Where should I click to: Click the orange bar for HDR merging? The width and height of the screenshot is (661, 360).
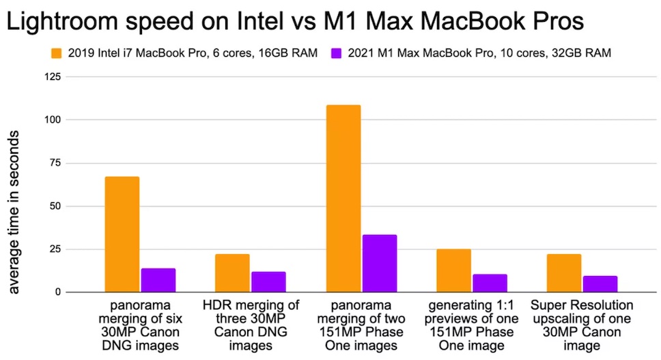[x=232, y=273]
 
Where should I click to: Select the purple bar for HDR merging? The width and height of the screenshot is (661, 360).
[x=268, y=282]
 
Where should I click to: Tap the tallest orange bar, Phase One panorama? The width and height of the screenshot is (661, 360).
[x=343, y=199]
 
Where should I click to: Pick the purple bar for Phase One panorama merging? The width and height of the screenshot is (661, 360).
[x=380, y=264]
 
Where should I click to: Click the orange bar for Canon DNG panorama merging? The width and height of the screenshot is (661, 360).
[x=122, y=234]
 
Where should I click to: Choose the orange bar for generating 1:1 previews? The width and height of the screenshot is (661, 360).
[x=453, y=271]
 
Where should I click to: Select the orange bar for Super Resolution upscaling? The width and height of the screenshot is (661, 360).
[x=564, y=273]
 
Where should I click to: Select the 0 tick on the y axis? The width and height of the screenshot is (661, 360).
[x=58, y=292]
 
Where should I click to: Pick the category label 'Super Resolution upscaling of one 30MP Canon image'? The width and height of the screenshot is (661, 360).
[x=582, y=325]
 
